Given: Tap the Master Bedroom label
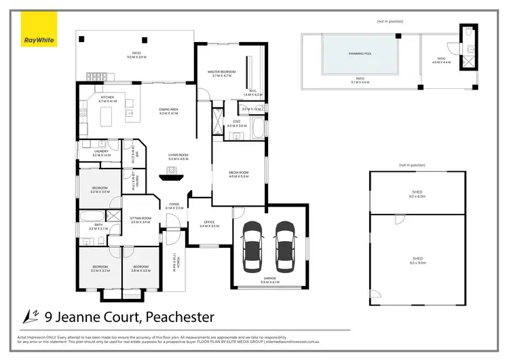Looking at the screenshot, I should click(x=222, y=74).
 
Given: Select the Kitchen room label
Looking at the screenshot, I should click(x=108, y=99).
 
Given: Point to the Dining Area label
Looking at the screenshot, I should click(x=168, y=111).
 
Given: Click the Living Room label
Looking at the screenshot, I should click(x=178, y=157).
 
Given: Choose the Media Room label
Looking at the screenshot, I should click(x=239, y=175).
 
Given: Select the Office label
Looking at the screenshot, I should click(x=209, y=223).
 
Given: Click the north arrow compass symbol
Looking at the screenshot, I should click(x=29, y=316).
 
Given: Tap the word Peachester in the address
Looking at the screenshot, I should click(x=177, y=317).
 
